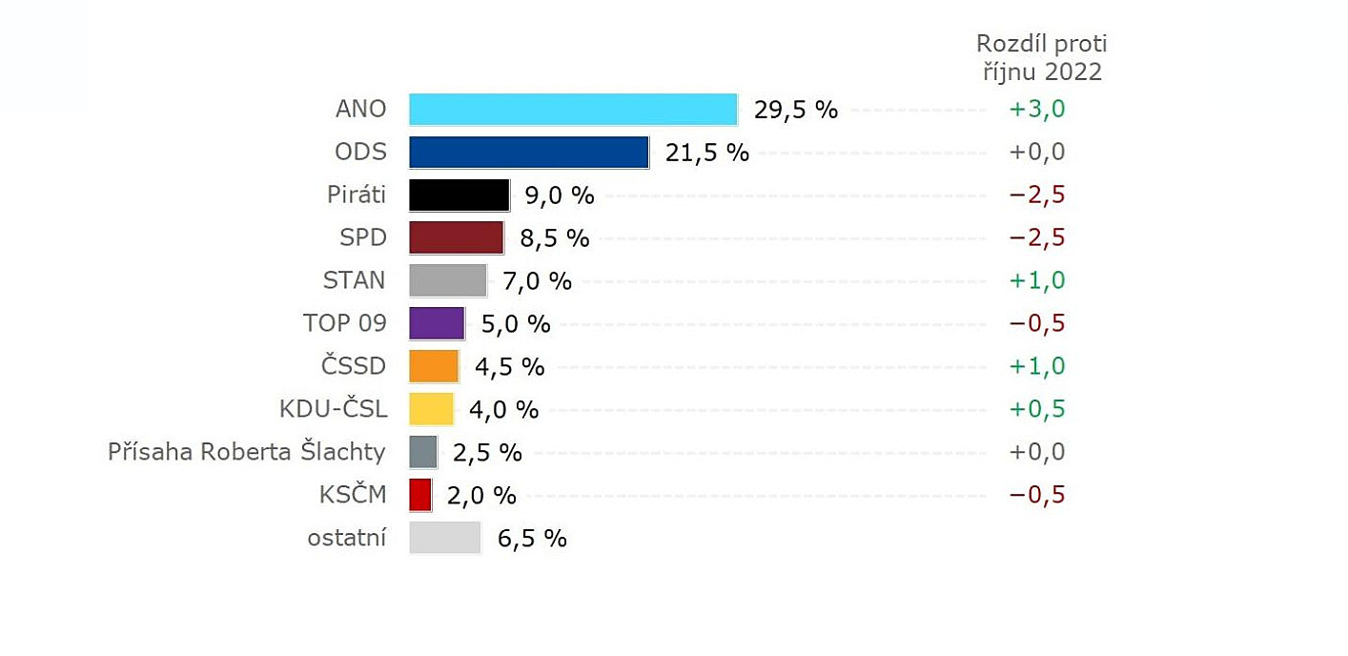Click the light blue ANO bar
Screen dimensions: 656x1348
[573, 110]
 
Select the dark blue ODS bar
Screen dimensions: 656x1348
[529, 153]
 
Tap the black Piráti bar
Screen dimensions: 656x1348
[460, 195]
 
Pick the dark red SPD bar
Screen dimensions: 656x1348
[457, 237]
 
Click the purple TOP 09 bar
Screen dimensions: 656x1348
[437, 323]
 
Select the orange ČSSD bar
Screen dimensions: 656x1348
[434, 366]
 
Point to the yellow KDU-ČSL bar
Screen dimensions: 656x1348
[431, 409]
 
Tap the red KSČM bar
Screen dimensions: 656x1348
[420, 495]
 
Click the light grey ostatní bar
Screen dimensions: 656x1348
[445, 538]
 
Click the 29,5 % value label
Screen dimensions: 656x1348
[795, 110]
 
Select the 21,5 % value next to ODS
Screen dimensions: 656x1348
[706, 153]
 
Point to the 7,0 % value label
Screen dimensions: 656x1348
[537, 280]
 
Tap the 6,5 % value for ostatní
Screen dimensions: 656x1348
[532, 539]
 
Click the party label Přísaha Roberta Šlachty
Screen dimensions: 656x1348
[247, 452]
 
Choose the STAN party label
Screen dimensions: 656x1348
[355, 280]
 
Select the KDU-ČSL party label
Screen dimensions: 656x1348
[333, 409]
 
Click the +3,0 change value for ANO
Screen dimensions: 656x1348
[1036, 110]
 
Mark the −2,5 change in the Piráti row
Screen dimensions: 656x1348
[1036, 195]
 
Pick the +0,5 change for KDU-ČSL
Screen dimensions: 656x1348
[1036, 409]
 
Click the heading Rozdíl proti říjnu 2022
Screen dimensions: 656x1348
[1041, 58]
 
